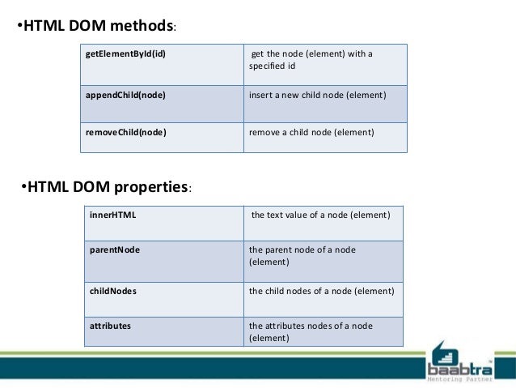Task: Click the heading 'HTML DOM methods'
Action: point(99,25)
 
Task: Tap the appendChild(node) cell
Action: point(126,95)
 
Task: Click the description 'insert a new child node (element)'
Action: point(317,95)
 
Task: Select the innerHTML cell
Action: point(113,215)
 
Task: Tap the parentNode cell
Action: point(115,249)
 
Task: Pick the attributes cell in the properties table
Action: point(110,326)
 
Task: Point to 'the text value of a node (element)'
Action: point(321,215)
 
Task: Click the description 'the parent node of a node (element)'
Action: point(302,256)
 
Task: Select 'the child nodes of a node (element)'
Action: point(321,291)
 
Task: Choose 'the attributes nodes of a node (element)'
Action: point(311,331)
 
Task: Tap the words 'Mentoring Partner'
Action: point(458,377)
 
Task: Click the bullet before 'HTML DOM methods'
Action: point(20,25)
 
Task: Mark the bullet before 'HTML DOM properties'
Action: point(23,187)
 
